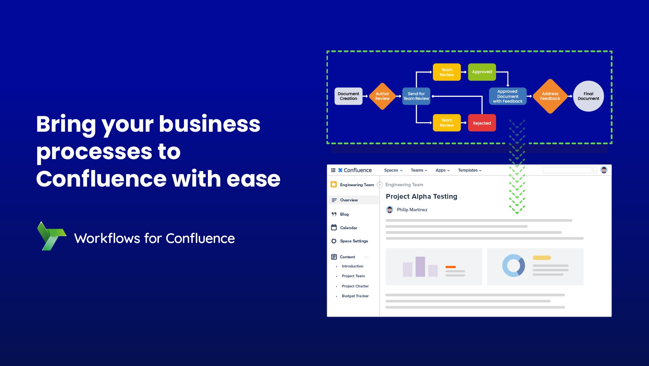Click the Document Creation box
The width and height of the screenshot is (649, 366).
[x=348, y=96]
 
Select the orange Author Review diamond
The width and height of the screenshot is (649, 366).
[x=382, y=96]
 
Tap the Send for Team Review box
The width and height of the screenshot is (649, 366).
[x=416, y=96]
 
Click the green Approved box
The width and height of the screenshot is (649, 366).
[x=482, y=72]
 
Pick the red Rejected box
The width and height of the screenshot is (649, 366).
[x=482, y=123]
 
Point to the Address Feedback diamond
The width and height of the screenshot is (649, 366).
[x=550, y=96]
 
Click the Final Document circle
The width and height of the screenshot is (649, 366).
[x=588, y=96]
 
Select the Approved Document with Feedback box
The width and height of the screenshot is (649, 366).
[x=508, y=96]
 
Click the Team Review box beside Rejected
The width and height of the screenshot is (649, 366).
[x=447, y=123]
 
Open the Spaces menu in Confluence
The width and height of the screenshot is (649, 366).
[x=393, y=170]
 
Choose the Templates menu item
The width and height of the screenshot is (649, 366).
[x=470, y=170]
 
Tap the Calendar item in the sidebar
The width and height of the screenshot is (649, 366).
[x=348, y=228]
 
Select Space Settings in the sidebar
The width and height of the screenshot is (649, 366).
[x=354, y=241]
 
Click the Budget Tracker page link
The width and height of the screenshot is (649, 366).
[x=355, y=296]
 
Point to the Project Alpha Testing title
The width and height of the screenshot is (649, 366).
[x=422, y=196]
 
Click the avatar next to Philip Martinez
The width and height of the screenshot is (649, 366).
[x=390, y=210]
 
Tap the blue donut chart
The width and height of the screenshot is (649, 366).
[x=514, y=266]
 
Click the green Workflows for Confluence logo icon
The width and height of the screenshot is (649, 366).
[x=51, y=236]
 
